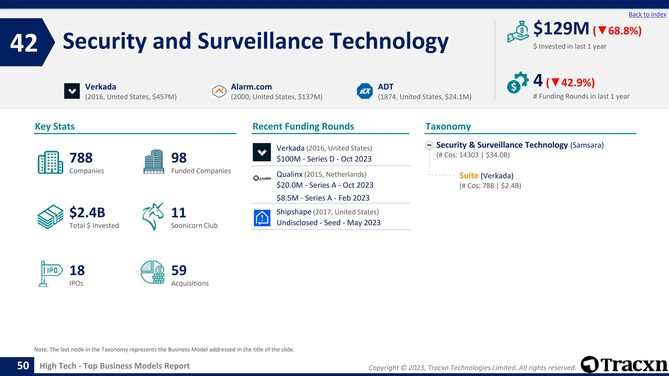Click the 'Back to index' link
coord(647,14)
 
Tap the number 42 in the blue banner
coord(24,43)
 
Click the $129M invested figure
coord(561,29)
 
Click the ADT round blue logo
coord(365,91)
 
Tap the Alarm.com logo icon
coord(219,91)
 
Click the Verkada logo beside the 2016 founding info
coord(72,91)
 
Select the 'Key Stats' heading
coord(55,126)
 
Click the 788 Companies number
coord(81,158)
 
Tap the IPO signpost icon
coord(50,274)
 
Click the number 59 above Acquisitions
coord(179,270)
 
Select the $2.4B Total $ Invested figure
coord(87,212)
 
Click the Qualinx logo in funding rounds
coord(262,178)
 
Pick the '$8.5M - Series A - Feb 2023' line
coord(323,198)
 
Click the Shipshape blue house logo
coord(262,218)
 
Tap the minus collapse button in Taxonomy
coord(429,145)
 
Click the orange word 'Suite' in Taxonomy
coord(469,176)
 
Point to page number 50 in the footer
coord(23,366)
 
